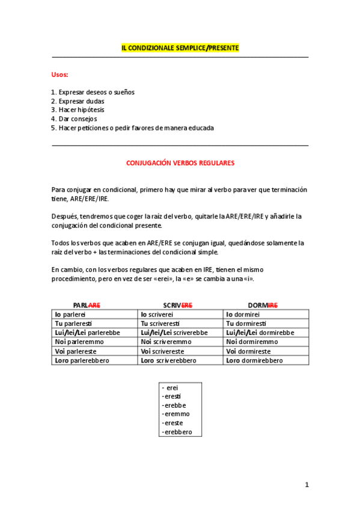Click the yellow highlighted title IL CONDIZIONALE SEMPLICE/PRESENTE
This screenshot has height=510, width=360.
[x=180, y=47]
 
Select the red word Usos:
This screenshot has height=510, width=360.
[x=59, y=75]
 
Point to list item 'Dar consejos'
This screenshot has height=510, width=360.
[x=78, y=119]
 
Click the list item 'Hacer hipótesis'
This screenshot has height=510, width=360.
[x=81, y=110]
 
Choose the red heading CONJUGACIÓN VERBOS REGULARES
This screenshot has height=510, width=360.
[x=180, y=163]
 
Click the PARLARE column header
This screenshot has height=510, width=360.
[x=87, y=305]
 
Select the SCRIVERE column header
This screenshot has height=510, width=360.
[x=178, y=305]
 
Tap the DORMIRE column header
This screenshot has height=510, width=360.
[x=263, y=305]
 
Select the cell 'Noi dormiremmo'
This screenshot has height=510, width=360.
[x=252, y=342]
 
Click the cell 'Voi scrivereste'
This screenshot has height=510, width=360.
[x=163, y=351]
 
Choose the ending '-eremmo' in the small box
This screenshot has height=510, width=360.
[x=175, y=414]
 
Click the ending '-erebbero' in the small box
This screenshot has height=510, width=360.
[x=177, y=432]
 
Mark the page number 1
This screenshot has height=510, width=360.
[x=307, y=484]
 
